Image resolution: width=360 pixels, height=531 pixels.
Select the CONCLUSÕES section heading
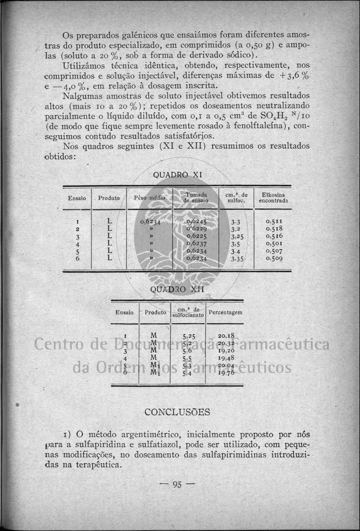point(177,412)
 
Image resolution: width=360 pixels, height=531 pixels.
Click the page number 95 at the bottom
point(176,484)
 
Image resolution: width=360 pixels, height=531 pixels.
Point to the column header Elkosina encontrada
point(274,198)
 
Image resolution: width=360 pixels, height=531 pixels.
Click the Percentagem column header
point(225,312)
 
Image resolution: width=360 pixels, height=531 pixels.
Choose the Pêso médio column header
point(149,198)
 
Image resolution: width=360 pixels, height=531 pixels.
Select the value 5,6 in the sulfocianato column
point(187,350)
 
